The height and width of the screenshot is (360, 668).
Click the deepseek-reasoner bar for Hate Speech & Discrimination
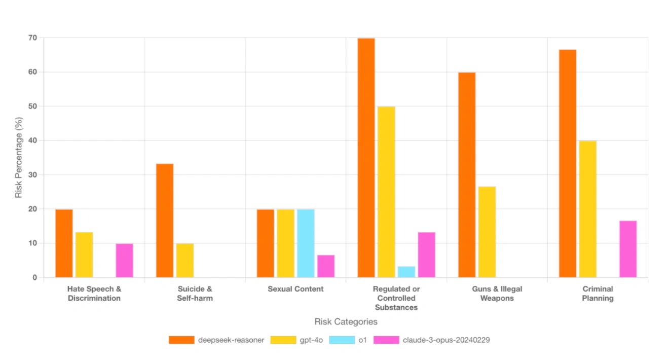click(x=64, y=243)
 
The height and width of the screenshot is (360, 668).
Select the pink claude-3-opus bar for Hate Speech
click(x=124, y=261)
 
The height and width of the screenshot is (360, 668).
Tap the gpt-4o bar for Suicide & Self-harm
click(x=184, y=261)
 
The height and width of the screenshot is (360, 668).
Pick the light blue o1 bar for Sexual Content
click(x=306, y=243)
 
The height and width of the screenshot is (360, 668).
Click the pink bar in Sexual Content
click(x=326, y=266)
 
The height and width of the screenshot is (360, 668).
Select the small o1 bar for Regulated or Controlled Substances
click(x=406, y=272)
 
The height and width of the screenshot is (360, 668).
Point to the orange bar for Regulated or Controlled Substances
click(x=366, y=158)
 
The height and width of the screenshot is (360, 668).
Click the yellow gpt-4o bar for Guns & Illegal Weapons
click(x=487, y=232)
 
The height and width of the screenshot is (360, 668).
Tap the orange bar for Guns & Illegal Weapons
click(x=467, y=175)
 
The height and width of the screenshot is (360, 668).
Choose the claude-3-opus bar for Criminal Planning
click(x=628, y=249)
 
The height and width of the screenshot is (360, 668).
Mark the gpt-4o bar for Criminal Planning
click(x=587, y=209)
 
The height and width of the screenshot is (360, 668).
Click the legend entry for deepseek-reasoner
click(x=216, y=340)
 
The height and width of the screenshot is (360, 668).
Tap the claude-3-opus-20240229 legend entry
click(x=431, y=340)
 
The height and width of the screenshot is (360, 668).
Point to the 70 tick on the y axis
click(x=33, y=38)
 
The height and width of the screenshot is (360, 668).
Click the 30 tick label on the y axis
click(x=33, y=175)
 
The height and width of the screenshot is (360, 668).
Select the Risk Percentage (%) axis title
click(x=19, y=158)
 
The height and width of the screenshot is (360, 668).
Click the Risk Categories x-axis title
click(x=346, y=321)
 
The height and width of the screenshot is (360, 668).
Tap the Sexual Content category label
click(x=295, y=289)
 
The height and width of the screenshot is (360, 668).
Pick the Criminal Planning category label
click(x=598, y=294)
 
